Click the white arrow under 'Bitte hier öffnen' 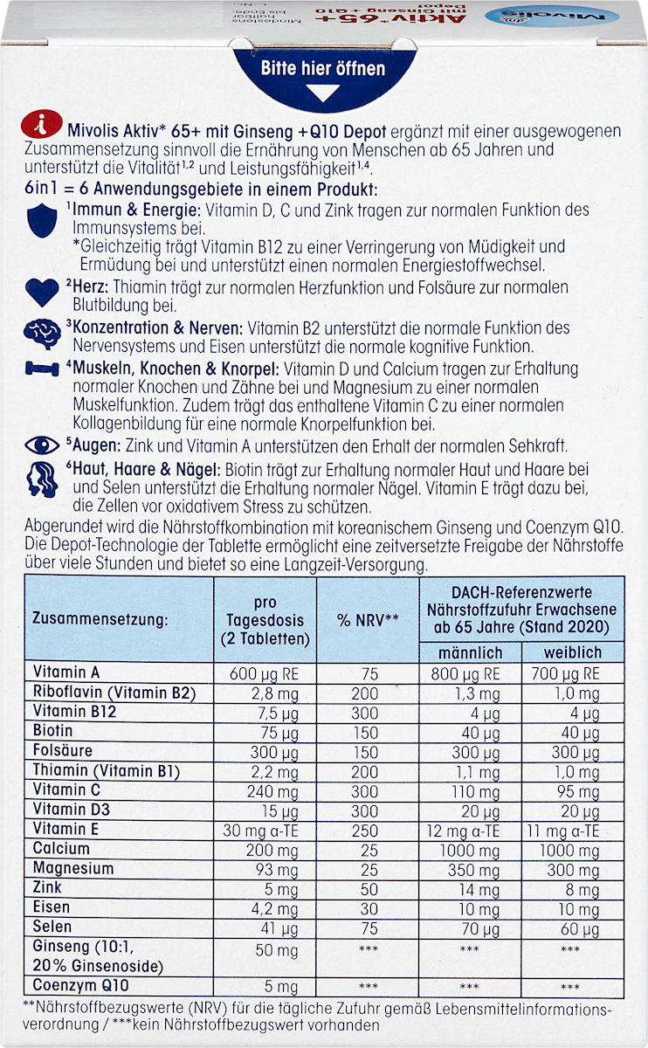click(x=323, y=91)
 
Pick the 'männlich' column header click(x=472, y=652)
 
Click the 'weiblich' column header click(x=573, y=652)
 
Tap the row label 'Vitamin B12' click(x=75, y=712)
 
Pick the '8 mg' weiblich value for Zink click(x=573, y=889)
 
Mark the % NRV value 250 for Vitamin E click(x=368, y=830)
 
